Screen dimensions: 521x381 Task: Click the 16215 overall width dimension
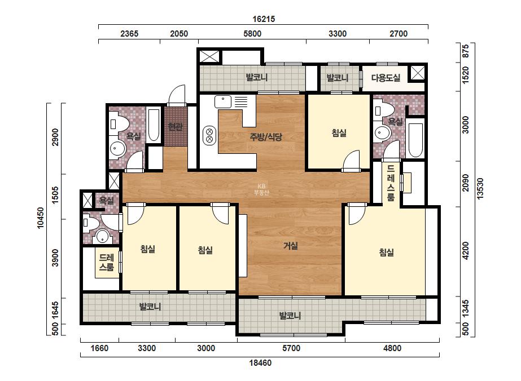(x=264, y=19)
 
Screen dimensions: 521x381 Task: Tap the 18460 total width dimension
(x=261, y=363)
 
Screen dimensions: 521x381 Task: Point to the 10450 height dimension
(x=41, y=218)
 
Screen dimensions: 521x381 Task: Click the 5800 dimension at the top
(x=252, y=33)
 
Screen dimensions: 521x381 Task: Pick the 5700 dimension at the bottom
(x=291, y=348)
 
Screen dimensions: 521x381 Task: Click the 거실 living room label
(x=291, y=246)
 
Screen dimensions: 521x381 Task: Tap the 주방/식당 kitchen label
(x=266, y=136)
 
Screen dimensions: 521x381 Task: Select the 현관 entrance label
(x=176, y=126)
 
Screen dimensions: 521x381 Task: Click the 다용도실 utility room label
(x=386, y=78)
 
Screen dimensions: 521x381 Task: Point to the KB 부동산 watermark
(x=261, y=189)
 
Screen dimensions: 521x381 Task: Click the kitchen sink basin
(x=223, y=102)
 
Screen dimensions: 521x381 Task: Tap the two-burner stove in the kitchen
(x=209, y=135)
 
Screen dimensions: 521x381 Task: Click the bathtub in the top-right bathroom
(x=415, y=140)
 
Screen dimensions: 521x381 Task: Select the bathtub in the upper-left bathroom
(x=154, y=125)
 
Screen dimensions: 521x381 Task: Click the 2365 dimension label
(x=129, y=33)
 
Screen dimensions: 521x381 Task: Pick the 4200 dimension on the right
(x=466, y=251)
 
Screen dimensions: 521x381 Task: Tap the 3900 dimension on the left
(x=55, y=258)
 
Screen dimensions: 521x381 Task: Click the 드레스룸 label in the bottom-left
(x=107, y=262)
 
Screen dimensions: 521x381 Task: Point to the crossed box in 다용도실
(x=418, y=73)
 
